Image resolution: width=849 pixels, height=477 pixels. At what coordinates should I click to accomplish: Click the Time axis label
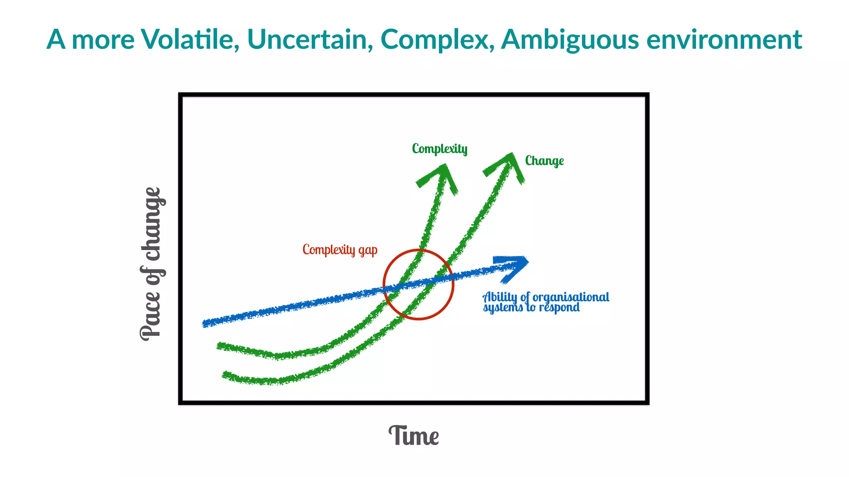[414, 436]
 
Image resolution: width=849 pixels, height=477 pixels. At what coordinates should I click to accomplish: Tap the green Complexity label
[439, 149]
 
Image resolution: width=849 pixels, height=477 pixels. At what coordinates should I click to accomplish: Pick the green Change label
[544, 161]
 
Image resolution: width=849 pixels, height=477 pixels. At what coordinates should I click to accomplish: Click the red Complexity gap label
[340, 250]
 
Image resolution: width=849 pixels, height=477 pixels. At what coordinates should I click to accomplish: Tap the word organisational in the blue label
[571, 297]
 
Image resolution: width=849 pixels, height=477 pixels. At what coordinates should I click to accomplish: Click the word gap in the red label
[368, 251]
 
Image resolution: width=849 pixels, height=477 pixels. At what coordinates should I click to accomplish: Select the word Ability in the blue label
[500, 297]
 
